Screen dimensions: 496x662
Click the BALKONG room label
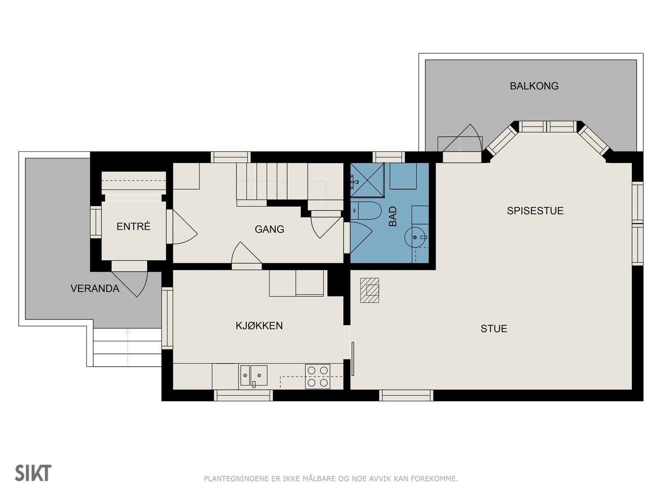point(534,86)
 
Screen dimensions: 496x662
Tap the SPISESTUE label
point(535,211)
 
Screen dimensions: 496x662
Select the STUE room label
point(494,329)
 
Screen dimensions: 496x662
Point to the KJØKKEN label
point(259,326)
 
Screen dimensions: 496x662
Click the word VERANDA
point(95,289)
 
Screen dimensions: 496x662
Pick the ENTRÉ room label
point(133,227)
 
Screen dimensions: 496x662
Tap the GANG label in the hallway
point(269,229)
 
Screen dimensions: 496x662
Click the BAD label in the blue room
point(393,216)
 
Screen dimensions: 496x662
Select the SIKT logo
point(33,473)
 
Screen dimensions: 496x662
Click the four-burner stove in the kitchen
point(318,377)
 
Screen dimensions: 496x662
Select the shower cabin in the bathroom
point(367,180)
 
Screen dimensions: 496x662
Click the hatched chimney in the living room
point(369,291)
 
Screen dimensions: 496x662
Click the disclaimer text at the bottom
point(331,479)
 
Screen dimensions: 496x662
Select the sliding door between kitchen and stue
point(353,359)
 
